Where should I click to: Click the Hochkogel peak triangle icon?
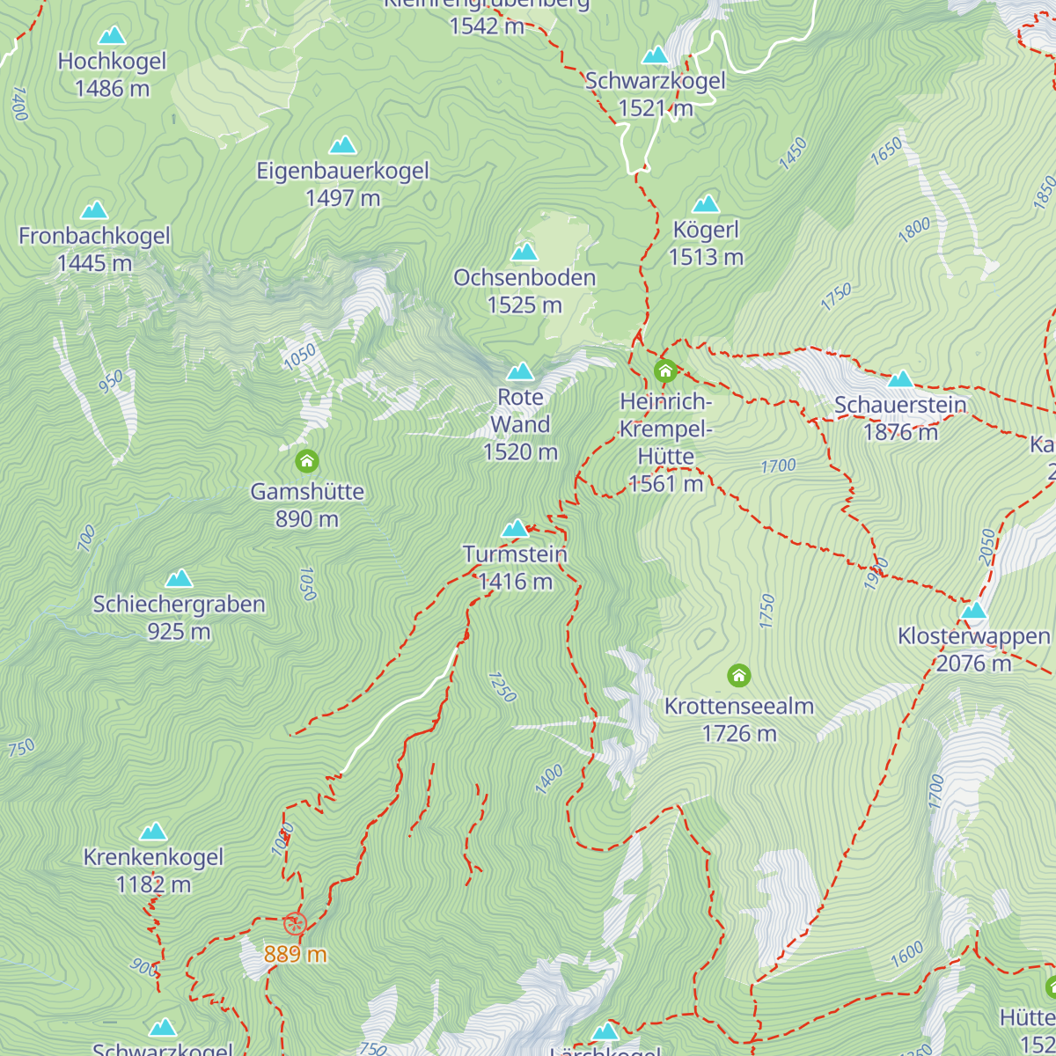point(112,36)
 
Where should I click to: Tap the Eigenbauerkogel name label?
point(342,171)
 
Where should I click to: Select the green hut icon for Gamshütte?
point(306,461)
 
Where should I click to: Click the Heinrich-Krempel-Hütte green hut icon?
point(665,371)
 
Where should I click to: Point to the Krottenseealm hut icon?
point(739,676)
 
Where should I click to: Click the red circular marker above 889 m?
point(295,924)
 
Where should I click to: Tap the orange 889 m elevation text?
point(295,954)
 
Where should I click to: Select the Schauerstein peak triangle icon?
point(900,379)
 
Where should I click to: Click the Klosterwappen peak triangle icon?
point(973,611)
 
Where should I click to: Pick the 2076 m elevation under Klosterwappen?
point(973,664)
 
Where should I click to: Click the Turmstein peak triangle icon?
point(515,529)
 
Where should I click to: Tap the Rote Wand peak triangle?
point(520,371)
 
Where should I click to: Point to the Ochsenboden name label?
point(524,278)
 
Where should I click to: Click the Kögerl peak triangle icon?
point(706,205)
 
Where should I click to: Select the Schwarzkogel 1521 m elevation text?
point(656,108)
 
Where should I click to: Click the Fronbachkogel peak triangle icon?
point(94,210)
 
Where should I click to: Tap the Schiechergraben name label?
point(179,605)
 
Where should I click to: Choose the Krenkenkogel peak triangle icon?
point(153,832)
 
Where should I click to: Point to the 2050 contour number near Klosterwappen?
point(986,546)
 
